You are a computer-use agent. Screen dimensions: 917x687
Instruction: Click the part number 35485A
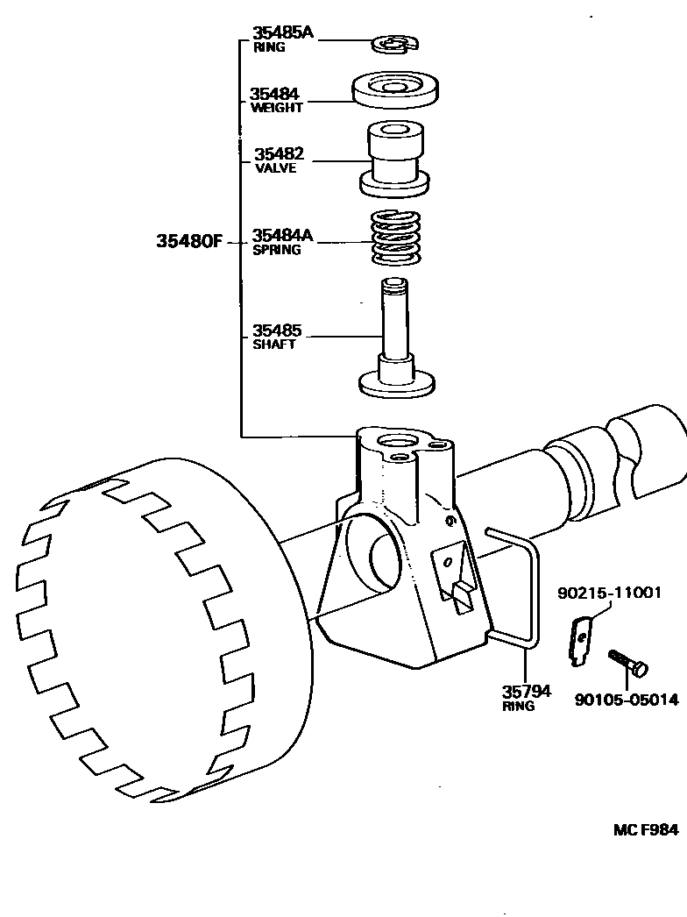[x=282, y=33]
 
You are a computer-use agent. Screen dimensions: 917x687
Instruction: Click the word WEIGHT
[x=276, y=108]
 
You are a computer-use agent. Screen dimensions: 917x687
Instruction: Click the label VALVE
[x=275, y=168]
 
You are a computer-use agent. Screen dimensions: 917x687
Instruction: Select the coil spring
[x=397, y=238]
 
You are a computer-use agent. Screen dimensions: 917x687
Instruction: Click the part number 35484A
[x=282, y=235]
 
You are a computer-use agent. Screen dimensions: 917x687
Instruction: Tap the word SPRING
[x=277, y=250]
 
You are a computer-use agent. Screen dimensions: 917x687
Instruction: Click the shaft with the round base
[x=397, y=342]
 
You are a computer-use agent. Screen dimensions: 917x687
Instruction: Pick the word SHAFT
[x=274, y=345]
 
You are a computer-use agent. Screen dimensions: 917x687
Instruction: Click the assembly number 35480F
[x=189, y=241]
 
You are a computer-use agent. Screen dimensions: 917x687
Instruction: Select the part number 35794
[x=526, y=692]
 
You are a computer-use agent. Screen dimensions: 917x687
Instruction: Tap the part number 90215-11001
[x=609, y=594]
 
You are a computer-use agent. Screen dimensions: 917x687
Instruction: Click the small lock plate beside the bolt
[x=579, y=639]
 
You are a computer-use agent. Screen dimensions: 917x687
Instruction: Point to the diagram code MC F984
[x=645, y=829]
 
